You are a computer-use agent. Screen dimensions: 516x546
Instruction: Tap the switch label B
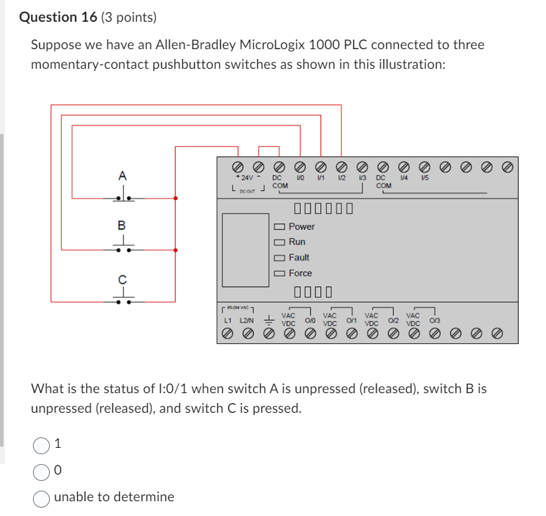(x=121, y=225)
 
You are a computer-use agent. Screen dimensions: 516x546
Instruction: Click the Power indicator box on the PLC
(x=280, y=227)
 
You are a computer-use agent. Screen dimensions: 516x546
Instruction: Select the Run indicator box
(x=280, y=242)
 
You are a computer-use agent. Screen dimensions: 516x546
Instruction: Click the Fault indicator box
(x=280, y=258)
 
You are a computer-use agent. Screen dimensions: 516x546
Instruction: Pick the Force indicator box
(x=280, y=273)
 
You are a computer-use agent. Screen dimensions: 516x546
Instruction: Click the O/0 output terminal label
(x=310, y=320)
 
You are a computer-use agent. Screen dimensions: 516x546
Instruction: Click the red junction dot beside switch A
(x=175, y=199)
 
